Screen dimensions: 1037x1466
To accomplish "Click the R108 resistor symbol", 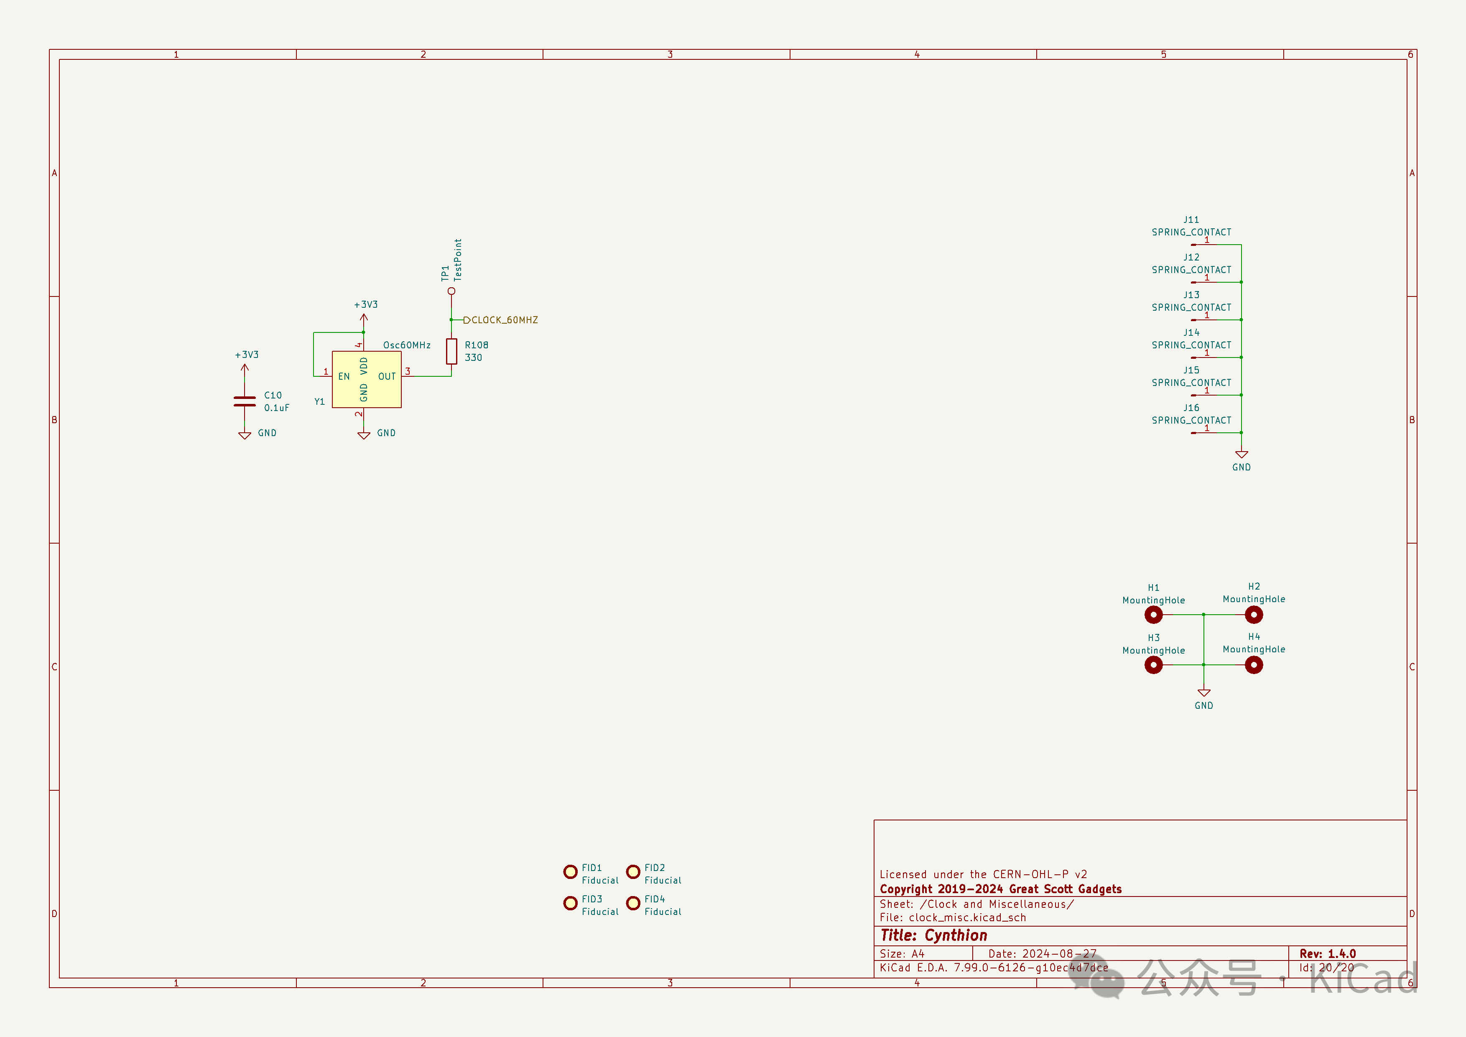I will [451, 351].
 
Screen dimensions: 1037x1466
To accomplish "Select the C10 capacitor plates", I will [245, 401].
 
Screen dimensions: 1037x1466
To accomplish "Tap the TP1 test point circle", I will [451, 291].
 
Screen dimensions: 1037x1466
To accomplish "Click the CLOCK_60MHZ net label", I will [504, 320].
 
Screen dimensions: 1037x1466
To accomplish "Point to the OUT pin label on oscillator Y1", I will [387, 377].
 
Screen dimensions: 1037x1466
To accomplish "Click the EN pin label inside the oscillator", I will [344, 377].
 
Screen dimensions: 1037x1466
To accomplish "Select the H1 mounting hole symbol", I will [1153, 615].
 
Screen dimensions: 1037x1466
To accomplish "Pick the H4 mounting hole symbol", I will [1253, 665].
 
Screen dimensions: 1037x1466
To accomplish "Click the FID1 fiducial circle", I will [570, 871].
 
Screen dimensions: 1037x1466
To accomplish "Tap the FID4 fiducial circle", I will [633, 903].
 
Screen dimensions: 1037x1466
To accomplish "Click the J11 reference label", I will [1191, 220].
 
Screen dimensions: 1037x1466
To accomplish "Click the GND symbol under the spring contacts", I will [1241, 455].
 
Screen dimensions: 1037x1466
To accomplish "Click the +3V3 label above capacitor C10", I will [247, 355].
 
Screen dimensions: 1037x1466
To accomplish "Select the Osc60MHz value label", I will [407, 345].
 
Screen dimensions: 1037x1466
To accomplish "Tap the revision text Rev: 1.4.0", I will [1328, 953].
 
